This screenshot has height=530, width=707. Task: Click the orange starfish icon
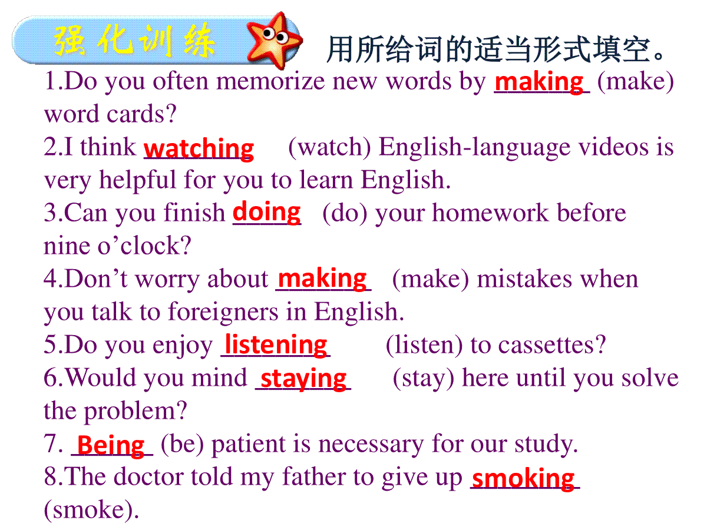coord(274,40)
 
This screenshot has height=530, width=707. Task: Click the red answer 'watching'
coord(199,149)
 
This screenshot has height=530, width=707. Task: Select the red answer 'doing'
coord(267,213)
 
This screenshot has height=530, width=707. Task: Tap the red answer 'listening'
coord(276,345)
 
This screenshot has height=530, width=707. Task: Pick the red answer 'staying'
coord(303,379)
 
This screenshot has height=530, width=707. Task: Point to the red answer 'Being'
coord(111,446)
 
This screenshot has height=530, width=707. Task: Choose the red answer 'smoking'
coord(523,479)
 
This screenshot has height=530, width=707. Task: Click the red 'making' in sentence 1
coord(539,82)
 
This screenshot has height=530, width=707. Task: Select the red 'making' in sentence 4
coord(322,279)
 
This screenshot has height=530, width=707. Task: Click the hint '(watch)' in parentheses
coord(329,148)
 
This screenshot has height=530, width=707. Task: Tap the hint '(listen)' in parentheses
coord(424,345)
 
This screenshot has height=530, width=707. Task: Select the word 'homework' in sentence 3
coord(491,213)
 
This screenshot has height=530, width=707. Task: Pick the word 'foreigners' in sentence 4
coord(223,313)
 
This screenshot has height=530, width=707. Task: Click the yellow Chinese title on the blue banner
coord(134,41)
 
